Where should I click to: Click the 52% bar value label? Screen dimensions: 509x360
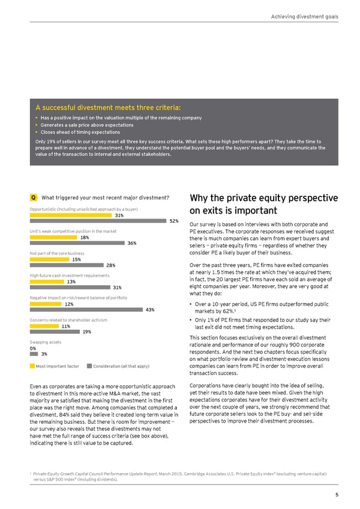pyautogui.click(x=174, y=221)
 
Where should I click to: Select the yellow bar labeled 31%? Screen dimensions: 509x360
pyautogui.click(x=71, y=215)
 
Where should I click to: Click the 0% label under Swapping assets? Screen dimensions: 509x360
pyautogui.click(x=32, y=348)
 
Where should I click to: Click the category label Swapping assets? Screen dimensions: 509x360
pyautogui.click(x=44, y=342)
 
